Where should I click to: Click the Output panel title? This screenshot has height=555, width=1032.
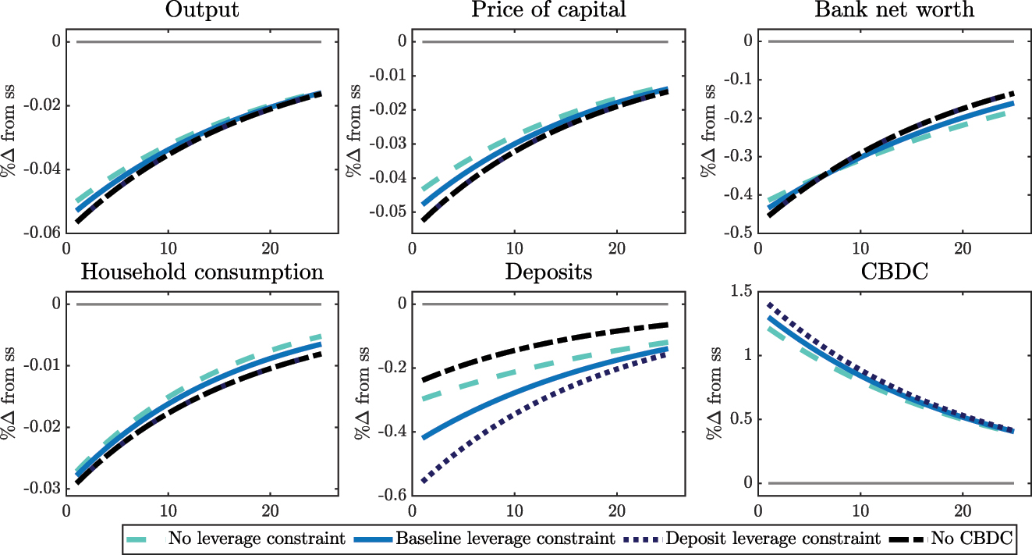202,11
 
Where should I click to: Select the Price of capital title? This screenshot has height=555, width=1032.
548,11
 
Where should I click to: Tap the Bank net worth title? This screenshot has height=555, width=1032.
893,11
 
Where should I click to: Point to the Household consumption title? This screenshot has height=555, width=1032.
202,272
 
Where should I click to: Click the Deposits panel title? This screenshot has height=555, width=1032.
548,272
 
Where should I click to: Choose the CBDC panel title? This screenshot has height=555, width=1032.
893,272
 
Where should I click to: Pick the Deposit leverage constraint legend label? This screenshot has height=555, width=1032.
763,539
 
